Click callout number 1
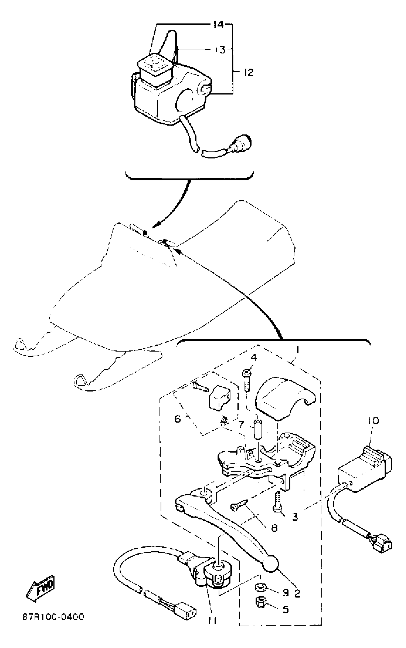click(x=298, y=351)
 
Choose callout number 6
click(x=178, y=419)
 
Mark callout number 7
click(x=241, y=425)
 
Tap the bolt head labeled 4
click(x=247, y=373)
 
